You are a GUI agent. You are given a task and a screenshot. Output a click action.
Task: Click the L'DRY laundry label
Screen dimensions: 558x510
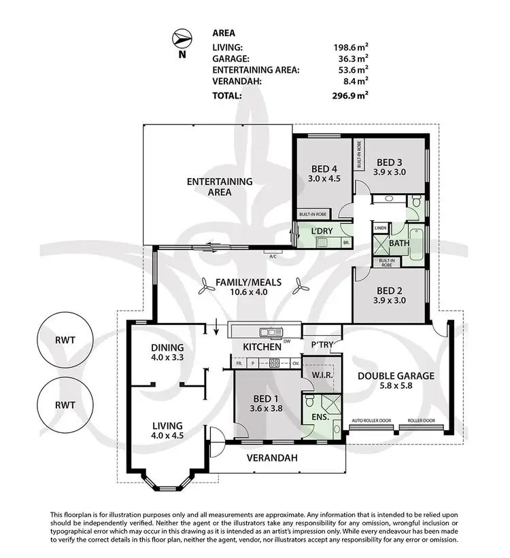(x=323, y=232)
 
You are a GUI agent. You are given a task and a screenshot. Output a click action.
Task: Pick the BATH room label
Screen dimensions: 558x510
(x=400, y=241)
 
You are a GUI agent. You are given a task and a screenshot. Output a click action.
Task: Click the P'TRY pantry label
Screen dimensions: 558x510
(x=323, y=345)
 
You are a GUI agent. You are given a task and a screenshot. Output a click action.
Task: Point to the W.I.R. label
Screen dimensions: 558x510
(x=321, y=374)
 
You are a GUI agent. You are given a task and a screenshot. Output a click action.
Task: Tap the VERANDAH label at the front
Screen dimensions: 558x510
(x=272, y=458)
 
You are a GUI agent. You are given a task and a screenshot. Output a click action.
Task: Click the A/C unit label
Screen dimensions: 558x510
(x=273, y=256)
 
